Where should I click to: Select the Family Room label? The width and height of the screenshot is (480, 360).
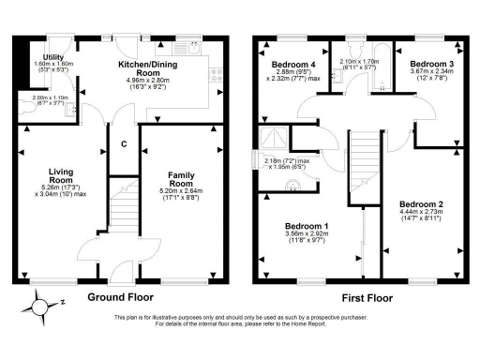[x=181, y=178]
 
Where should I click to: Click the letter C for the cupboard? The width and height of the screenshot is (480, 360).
[x=124, y=143]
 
